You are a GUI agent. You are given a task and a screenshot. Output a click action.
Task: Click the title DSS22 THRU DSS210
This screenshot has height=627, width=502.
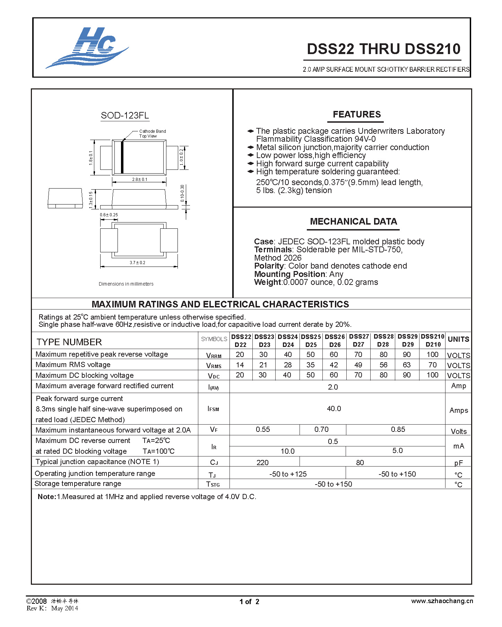coord(383,49)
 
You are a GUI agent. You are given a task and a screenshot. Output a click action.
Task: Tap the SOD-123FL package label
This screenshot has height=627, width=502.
coord(125,115)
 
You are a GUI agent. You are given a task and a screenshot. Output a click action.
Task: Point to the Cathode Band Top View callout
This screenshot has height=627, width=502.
coord(152,133)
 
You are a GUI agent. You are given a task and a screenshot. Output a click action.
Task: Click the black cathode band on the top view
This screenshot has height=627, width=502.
coord(122,157)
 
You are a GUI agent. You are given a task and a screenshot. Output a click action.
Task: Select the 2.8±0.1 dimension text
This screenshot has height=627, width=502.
coord(139,179)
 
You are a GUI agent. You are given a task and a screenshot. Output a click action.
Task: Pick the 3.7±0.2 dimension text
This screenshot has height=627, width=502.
coord(137,262)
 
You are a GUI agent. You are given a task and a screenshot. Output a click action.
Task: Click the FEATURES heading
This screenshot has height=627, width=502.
coord(356,114)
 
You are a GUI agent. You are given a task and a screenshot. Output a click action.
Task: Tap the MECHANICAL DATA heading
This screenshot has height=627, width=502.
coord(353,221)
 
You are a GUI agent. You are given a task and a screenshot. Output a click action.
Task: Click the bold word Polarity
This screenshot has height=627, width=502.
coord(269,266)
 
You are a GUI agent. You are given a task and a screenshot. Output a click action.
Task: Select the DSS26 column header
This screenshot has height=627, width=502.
coord(335,340)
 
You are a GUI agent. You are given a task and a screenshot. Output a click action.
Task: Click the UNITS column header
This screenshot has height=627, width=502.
coord(458,339)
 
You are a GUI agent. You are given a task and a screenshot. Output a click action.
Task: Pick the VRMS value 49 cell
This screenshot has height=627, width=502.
coord(358,365)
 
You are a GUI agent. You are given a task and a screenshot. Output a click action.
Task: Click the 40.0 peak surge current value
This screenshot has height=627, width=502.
coord(334,409)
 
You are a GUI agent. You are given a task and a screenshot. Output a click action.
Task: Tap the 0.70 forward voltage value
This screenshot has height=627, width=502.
coord(321,429)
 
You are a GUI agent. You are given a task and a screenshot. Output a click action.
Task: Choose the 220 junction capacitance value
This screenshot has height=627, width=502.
coord(262,462)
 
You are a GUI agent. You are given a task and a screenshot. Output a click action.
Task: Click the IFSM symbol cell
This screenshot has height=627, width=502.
coord(213,409)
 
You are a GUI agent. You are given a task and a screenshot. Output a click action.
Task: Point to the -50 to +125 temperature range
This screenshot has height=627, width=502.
coord(288,474)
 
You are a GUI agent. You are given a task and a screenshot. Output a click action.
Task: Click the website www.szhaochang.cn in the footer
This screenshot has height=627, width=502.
coord(442,601)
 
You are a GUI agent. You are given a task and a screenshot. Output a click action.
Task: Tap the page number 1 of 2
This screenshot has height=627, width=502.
coord(249,602)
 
